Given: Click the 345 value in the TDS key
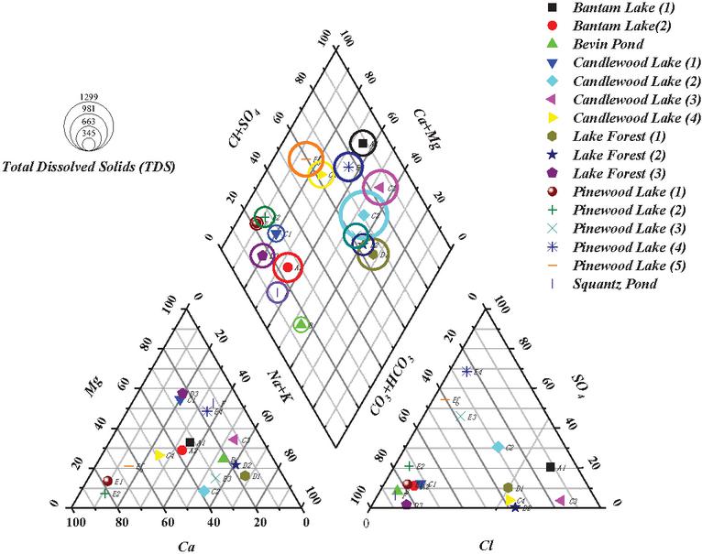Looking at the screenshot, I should (88, 134).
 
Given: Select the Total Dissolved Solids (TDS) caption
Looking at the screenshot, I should (90, 168).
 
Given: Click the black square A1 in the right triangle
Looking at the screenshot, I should (550, 468).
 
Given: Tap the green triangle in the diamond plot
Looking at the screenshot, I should (301, 323).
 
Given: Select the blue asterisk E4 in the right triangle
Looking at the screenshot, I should (467, 371).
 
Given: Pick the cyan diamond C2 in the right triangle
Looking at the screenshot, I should (498, 447).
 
